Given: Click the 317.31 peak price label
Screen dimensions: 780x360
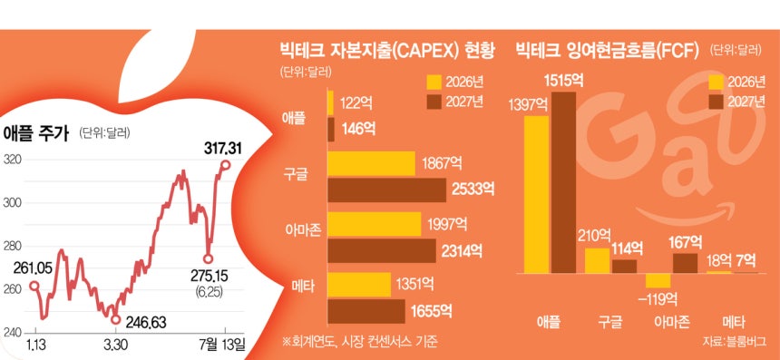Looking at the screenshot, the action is [x=222, y=148].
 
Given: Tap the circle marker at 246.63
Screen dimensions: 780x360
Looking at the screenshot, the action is [x=116, y=320].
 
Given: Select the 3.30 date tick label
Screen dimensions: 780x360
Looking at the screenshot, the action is [x=115, y=344].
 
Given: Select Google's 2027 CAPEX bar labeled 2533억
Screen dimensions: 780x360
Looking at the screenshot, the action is [x=386, y=190].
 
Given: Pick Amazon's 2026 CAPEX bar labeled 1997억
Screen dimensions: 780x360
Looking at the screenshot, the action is [x=374, y=224].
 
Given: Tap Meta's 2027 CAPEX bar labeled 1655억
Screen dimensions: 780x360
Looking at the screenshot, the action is [x=366, y=311].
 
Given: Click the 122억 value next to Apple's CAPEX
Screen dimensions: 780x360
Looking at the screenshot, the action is [x=356, y=103].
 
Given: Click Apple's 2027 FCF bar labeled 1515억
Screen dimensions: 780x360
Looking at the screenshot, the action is [x=563, y=182].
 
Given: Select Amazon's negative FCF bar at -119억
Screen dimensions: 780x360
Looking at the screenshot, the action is [x=658, y=281].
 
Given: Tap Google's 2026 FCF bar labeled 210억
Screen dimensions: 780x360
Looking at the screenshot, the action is [x=597, y=261].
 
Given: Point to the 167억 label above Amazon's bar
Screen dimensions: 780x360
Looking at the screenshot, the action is [x=686, y=243].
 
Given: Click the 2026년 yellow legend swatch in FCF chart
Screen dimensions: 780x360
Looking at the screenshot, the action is [x=717, y=82].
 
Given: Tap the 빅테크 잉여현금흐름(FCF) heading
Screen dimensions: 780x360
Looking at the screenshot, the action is [x=608, y=50].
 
